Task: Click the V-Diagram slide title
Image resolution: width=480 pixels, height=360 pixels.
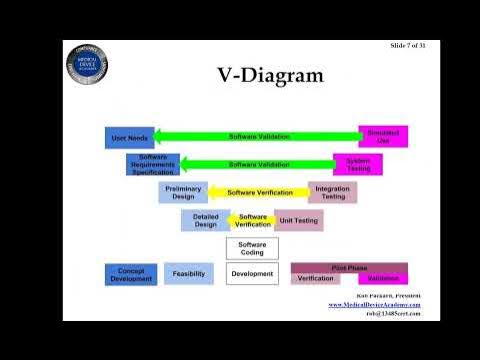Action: point(270,75)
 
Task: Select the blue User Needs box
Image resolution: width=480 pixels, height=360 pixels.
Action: point(130,137)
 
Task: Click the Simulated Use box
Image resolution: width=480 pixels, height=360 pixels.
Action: point(382,137)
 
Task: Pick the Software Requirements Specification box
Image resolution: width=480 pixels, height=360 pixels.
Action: point(153,164)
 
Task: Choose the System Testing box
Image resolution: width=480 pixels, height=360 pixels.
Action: point(357,164)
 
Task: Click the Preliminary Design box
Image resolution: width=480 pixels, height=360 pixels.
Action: point(183,192)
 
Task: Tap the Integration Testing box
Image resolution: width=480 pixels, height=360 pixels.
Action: point(333,192)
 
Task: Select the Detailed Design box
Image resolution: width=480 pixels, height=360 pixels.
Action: point(205,220)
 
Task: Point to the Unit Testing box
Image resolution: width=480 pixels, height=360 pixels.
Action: point(299,220)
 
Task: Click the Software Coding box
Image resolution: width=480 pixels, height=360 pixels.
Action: point(252,247)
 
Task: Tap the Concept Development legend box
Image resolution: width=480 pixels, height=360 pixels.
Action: point(131,274)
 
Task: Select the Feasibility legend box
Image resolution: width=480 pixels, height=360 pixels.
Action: point(189,274)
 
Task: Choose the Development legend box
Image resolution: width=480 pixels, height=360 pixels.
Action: point(252,274)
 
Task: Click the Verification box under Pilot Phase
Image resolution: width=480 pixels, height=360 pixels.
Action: point(316,279)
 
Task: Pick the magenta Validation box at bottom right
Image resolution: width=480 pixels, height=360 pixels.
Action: point(377,279)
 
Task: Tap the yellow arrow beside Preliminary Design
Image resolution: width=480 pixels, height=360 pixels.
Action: point(260,192)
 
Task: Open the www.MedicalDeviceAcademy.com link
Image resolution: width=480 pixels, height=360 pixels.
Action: point(374,304)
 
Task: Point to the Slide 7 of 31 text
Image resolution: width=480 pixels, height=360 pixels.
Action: point(407,47)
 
